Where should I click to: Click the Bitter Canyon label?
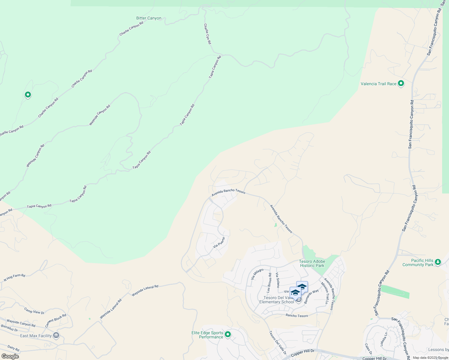149,18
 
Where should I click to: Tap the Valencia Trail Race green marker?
401,84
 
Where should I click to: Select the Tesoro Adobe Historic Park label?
312,263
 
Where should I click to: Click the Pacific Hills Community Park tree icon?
438,262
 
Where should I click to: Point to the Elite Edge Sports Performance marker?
228,334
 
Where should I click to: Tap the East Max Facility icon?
56,335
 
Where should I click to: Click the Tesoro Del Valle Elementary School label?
276,300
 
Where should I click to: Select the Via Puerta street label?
219,242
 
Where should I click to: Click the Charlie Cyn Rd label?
207,34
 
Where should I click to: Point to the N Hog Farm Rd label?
14,277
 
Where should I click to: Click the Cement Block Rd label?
56,321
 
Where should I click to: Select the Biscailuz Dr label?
9,328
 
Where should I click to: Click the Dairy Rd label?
13,348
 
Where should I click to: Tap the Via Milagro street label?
257,274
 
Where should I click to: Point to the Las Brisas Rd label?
269,283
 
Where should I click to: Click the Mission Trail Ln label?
324,293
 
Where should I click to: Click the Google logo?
10,356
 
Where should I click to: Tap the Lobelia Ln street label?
384,339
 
